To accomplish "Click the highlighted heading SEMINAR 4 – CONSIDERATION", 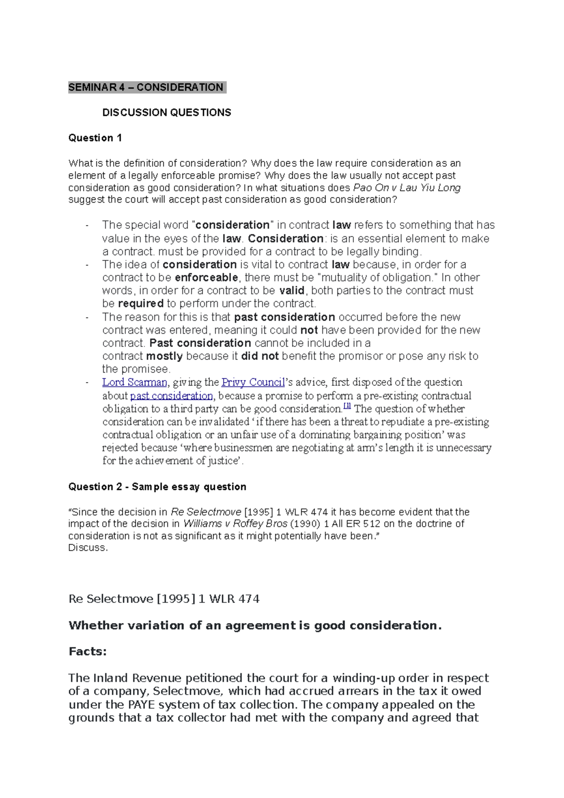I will click(146, 87).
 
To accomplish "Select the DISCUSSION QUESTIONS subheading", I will click(167, 113).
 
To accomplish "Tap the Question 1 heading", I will click(95, 138).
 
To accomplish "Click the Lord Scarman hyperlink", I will click(134, 383).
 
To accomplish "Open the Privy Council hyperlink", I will click(253, 383).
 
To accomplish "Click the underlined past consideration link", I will click(171, 396).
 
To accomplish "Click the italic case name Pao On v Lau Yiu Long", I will click(407, 188).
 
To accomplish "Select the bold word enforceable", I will click(206, 278).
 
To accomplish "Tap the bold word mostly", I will click(164, 356).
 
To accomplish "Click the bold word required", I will click(141, 304).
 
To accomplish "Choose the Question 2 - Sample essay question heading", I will click(157, 487).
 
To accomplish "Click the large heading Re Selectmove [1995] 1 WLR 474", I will click(164, 599).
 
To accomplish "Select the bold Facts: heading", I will click(88, 652).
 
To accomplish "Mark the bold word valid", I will click(292, 291).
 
